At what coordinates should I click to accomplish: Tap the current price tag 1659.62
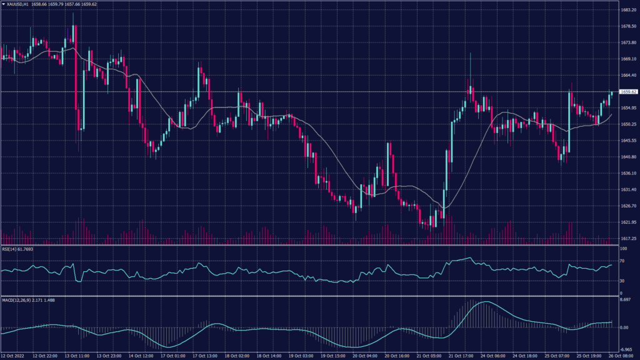click(628, 92)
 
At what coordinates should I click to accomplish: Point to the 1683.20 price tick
click(627, 11)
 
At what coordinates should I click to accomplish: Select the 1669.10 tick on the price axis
click(627, 59)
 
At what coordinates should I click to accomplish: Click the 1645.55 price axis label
click(627, 141)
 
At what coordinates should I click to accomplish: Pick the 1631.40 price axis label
click(627, 189)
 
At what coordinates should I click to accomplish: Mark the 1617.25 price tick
click(627, 239)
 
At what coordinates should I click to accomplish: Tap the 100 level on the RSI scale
click(622, 249)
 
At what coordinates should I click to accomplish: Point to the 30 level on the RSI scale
click(622, 281)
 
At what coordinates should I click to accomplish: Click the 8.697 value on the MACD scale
click(626, 301)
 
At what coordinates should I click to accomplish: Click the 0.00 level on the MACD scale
click(624, 327)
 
